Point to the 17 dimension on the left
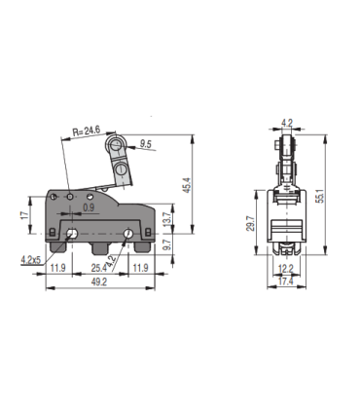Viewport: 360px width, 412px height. (23, 215)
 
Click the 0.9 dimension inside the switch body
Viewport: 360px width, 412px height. (89, 206)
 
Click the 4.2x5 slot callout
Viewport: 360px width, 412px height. (30, 259)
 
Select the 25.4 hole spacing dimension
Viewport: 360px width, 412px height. (99, 267)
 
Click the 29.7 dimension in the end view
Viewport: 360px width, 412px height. (251, 226)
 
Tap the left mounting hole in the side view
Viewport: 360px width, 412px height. (73, 234)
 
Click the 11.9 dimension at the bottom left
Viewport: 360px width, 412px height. (57, 267)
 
